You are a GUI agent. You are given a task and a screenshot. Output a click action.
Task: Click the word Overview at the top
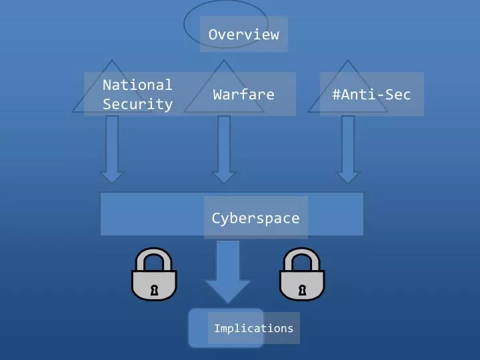click(243, 35)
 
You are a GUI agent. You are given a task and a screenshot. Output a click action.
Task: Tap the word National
click(137, 85)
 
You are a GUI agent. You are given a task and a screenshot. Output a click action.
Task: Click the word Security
click(137, 104)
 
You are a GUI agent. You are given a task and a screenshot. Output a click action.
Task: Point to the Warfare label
click(243, 94)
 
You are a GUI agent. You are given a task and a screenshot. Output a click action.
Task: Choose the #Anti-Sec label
click(371, 94)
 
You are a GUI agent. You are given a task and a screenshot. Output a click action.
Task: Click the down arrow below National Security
click(111, 149)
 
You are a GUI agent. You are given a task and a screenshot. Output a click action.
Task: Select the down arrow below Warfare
click(224, 149)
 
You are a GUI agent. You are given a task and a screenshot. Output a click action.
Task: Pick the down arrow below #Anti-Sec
click(347, 149)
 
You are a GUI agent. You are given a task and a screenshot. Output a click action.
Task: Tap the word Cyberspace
click(255, 218)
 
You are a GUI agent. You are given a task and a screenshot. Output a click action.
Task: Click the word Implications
click(253, 328)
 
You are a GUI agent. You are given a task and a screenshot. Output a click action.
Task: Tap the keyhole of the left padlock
click(155, 289)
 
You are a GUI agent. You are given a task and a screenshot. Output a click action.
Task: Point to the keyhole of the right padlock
click(302, 289)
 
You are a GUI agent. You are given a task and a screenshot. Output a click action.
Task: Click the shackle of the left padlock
click(154, 255)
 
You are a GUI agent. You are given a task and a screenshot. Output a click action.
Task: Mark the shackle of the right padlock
click(301, 255)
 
